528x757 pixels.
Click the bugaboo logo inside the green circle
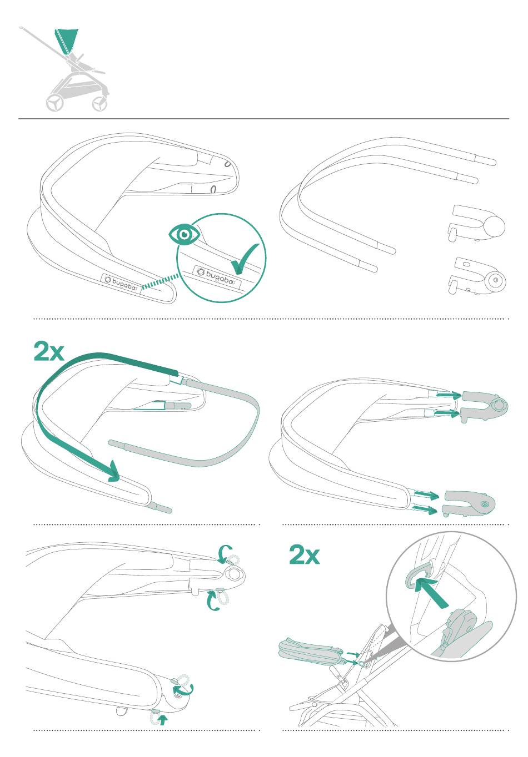tap(216, 275)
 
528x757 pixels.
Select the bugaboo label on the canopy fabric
tap(121, 283)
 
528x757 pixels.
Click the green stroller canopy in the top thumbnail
tap(66, 41)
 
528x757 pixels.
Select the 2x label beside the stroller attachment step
tap(304, 555)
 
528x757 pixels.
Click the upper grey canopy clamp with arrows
tap(484, 407)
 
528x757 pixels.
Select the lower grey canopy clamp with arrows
tap(469, 504)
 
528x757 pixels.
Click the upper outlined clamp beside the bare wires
tap(477, 223)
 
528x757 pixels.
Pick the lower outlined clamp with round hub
tap(477, 276)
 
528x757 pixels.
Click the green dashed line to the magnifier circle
tap(160, 282)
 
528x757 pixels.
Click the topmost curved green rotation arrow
tap(224, 553)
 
